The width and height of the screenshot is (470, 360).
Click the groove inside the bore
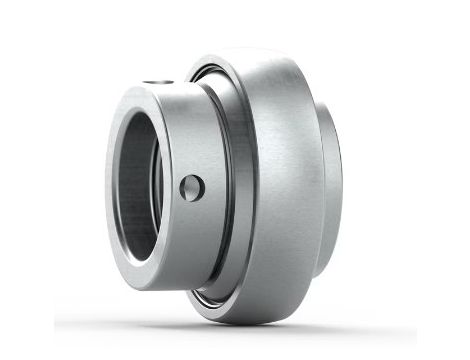[150, 200]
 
